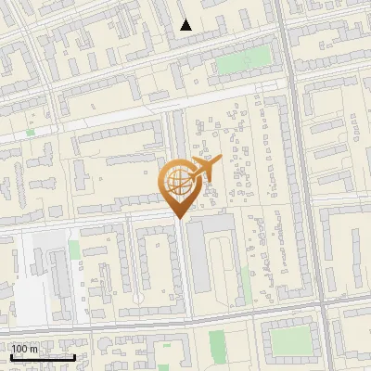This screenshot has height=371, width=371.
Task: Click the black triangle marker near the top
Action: tap(186, 25)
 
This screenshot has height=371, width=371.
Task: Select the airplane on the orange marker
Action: tap(203, 169)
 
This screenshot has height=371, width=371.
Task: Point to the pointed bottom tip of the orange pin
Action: tap(178, 219)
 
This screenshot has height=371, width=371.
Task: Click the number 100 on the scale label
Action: tap(20, 349)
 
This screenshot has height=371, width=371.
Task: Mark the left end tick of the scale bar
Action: tap(10, 356)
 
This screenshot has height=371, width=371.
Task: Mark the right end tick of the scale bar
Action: tap(74, 356)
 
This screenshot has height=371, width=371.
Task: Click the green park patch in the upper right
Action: tap(243, 61)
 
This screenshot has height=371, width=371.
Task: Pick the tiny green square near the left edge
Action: tap(31, 133)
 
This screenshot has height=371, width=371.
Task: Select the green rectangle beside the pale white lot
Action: tap(73, 250)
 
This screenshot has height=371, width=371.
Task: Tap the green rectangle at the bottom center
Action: tap(217, 345)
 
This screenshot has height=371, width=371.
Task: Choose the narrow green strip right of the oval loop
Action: tap(247, 283)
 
